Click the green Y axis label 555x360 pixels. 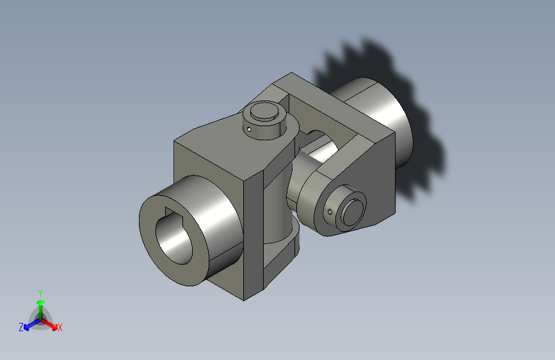pyautogui.click(x=40, y=293)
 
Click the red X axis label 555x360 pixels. pyautogui.click(x=60, y=327)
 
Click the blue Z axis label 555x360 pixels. pyautogui.click(x=21, y=327)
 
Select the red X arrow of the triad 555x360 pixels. pyautogui.click(x=49, y=324)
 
